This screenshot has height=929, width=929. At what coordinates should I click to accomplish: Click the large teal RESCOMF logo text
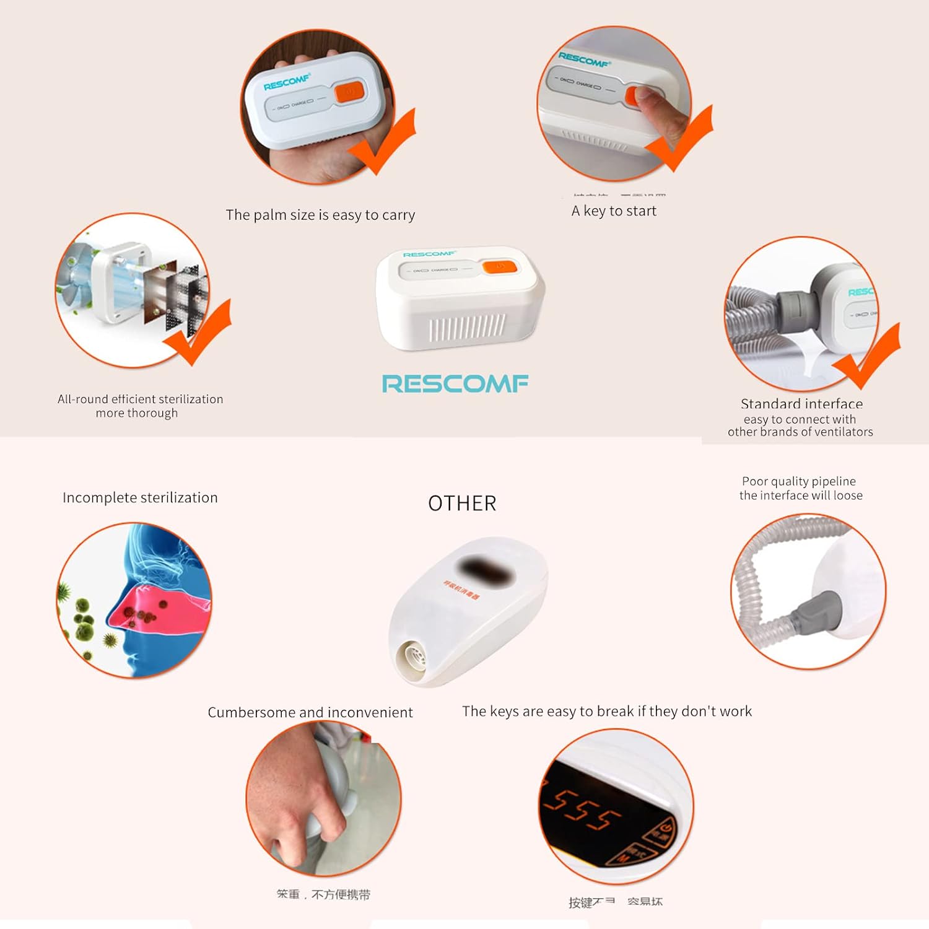point(455,383)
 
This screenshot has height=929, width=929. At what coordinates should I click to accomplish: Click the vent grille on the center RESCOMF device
point(467,328)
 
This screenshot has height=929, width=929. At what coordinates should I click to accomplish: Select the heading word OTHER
point(462,504)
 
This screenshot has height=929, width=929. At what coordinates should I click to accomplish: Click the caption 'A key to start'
point(613,211)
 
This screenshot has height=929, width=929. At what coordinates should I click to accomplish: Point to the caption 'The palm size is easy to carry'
point(320,215)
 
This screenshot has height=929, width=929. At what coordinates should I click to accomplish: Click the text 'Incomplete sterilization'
point(140,498)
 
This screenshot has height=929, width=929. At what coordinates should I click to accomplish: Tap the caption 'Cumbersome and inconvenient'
point(310,712)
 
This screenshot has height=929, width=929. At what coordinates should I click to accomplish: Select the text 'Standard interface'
point(801,404)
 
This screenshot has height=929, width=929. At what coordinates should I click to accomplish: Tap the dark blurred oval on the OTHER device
point(484,570)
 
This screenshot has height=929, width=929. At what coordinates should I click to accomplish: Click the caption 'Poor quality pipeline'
point(798,481)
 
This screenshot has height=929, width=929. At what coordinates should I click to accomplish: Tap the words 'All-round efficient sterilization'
point(140,399)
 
